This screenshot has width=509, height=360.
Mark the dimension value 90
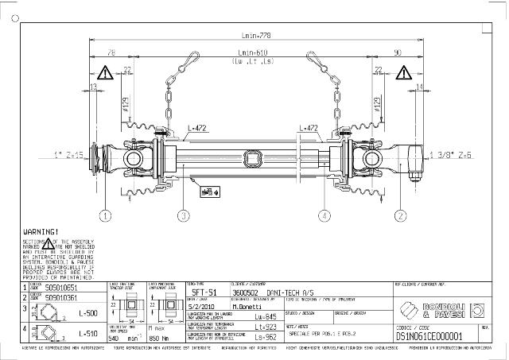coord(397,52)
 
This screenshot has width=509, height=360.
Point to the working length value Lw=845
coord(264,315)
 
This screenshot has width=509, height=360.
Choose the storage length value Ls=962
coord(264,336)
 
